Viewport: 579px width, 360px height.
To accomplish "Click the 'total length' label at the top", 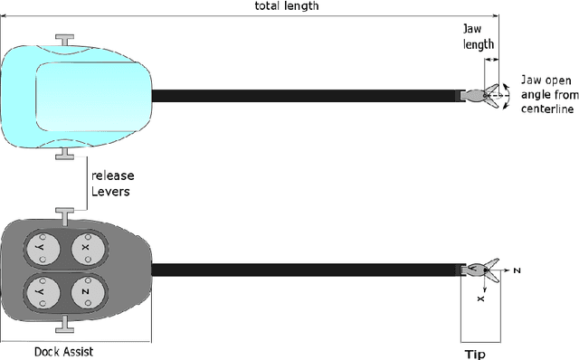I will (x=288, y=5).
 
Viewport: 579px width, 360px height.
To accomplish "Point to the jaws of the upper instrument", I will (x=486, y=93).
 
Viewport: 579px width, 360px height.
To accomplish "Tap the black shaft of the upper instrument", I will (x=308, y=94).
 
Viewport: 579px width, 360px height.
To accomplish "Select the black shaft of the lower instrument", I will (x=308, y=269).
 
